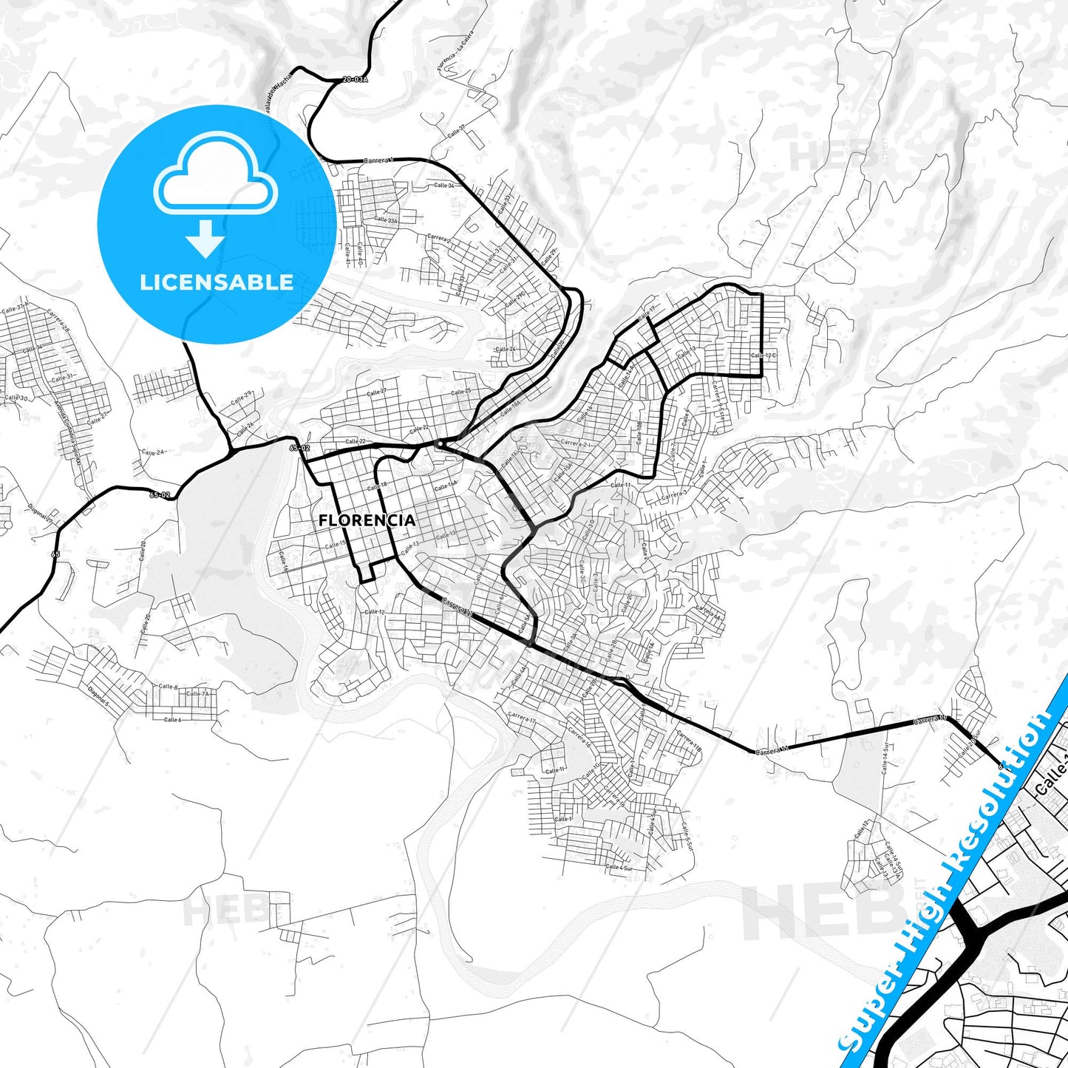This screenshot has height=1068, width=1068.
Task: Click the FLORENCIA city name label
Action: tap(367, 520)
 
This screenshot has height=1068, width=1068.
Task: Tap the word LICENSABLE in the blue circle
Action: tap(217, 282)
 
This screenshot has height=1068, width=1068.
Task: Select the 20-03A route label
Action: tap(355, 78)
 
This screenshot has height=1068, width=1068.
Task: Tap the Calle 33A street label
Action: tap(385, 220)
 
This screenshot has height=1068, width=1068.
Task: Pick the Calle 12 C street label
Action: tap(764, 356)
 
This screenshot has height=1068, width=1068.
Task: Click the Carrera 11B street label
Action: tap(688, 741)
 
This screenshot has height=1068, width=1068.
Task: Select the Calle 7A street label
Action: tap(197, 694)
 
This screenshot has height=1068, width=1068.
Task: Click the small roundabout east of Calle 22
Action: tap(440, 443)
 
